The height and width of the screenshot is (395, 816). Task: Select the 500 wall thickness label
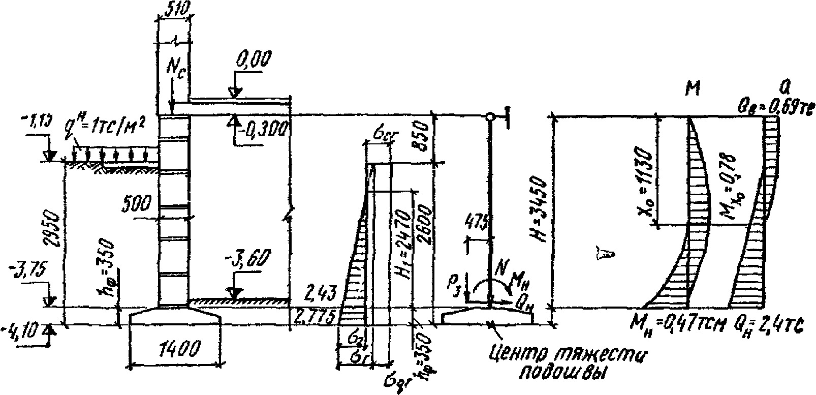click(x=137, y=204)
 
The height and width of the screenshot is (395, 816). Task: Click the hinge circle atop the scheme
click(x=490, y=117)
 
